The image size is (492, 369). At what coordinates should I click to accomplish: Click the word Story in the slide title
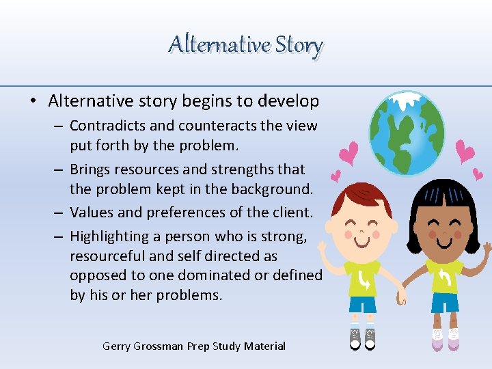pos(299,45)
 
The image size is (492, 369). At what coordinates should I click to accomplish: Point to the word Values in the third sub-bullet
pos(91,213)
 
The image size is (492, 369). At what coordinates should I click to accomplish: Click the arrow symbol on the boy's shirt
pos(364,279)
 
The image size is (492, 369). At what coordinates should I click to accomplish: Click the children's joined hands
pos(403,295)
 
